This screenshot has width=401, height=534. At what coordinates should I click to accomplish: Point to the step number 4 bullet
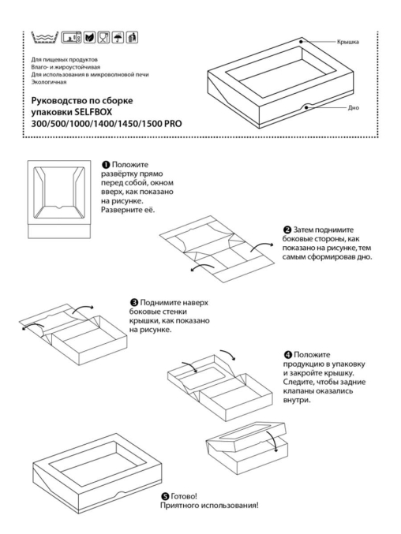(288, 355)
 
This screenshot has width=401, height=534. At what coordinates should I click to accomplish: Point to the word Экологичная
(44, 82)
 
